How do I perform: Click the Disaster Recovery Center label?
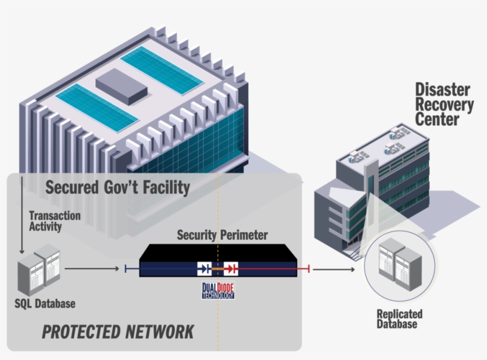point(444,105)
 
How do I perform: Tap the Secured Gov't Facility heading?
point(118,188)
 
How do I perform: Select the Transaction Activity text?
point(54,220)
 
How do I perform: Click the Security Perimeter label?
point(222,235)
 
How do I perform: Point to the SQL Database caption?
point(45,304)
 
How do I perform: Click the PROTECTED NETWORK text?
point(118,331)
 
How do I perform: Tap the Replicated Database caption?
point(399,318)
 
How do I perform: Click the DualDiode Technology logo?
point(218,289)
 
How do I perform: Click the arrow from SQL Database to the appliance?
point(91,269)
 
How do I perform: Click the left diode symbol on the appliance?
point(204,269)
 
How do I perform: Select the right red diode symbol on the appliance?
point(231,269)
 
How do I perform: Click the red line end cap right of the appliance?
point(309,270)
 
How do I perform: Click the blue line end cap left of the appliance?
point(126,269)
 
